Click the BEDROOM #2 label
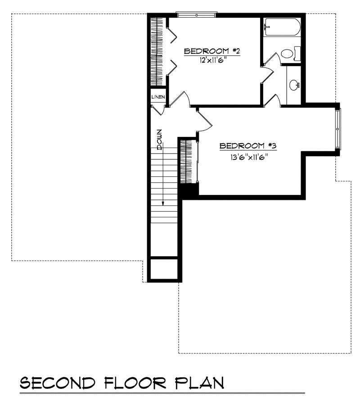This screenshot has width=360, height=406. [x=211, y=52]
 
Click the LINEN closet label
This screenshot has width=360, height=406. [x=158, y=97]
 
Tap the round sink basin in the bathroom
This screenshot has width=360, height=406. [x=293, y=85]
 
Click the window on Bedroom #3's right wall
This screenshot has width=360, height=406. [x=338, y=128]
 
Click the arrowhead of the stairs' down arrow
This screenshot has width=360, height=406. [x=163, y=203]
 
